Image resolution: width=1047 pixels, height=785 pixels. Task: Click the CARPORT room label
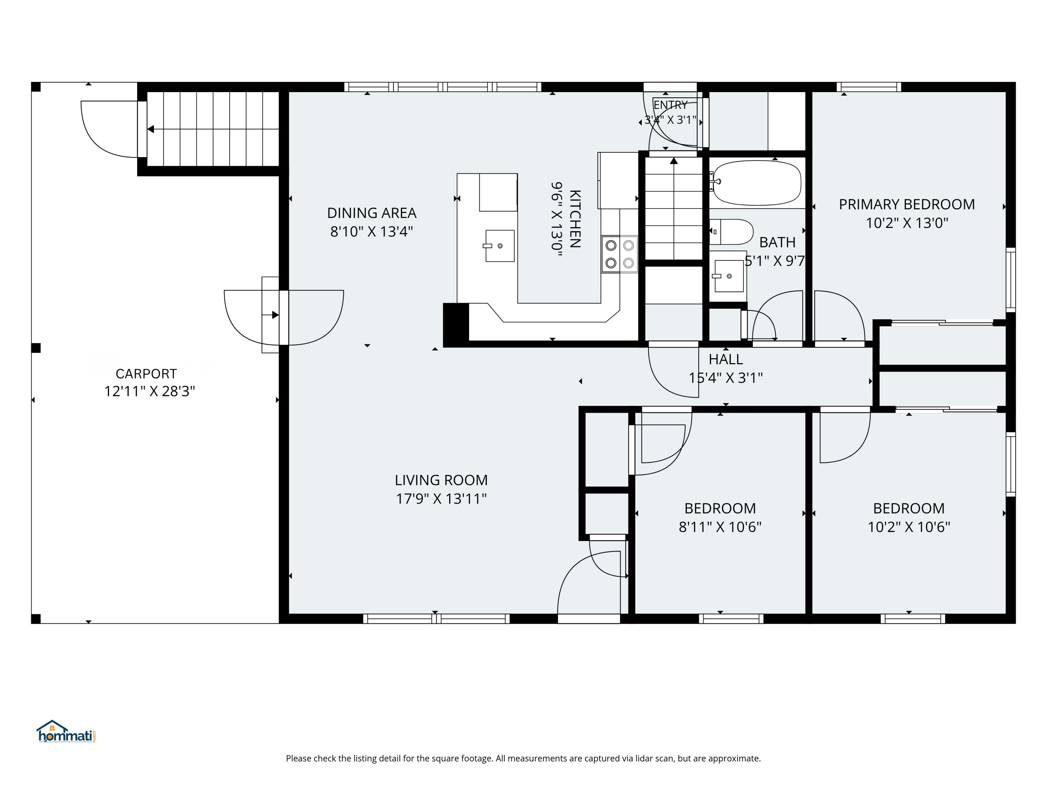click(146, 374)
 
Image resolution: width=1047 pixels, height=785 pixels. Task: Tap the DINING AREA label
click(372, 213)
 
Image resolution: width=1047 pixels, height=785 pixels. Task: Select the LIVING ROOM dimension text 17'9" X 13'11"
click(441, 499)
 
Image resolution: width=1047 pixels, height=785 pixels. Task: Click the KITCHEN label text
click(574, 219)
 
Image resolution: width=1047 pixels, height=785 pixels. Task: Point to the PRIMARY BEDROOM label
click(907, 204)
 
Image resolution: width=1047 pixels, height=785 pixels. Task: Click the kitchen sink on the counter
click(499, 246)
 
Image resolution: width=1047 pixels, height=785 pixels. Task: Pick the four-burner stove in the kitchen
click(619, 254)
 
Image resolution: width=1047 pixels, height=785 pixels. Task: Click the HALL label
click(726, 360)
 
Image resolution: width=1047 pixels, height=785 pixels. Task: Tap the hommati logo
click(67, 732)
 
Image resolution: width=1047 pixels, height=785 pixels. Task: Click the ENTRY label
click(670, 105)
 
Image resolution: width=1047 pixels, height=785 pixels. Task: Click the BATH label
click(777, 242)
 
